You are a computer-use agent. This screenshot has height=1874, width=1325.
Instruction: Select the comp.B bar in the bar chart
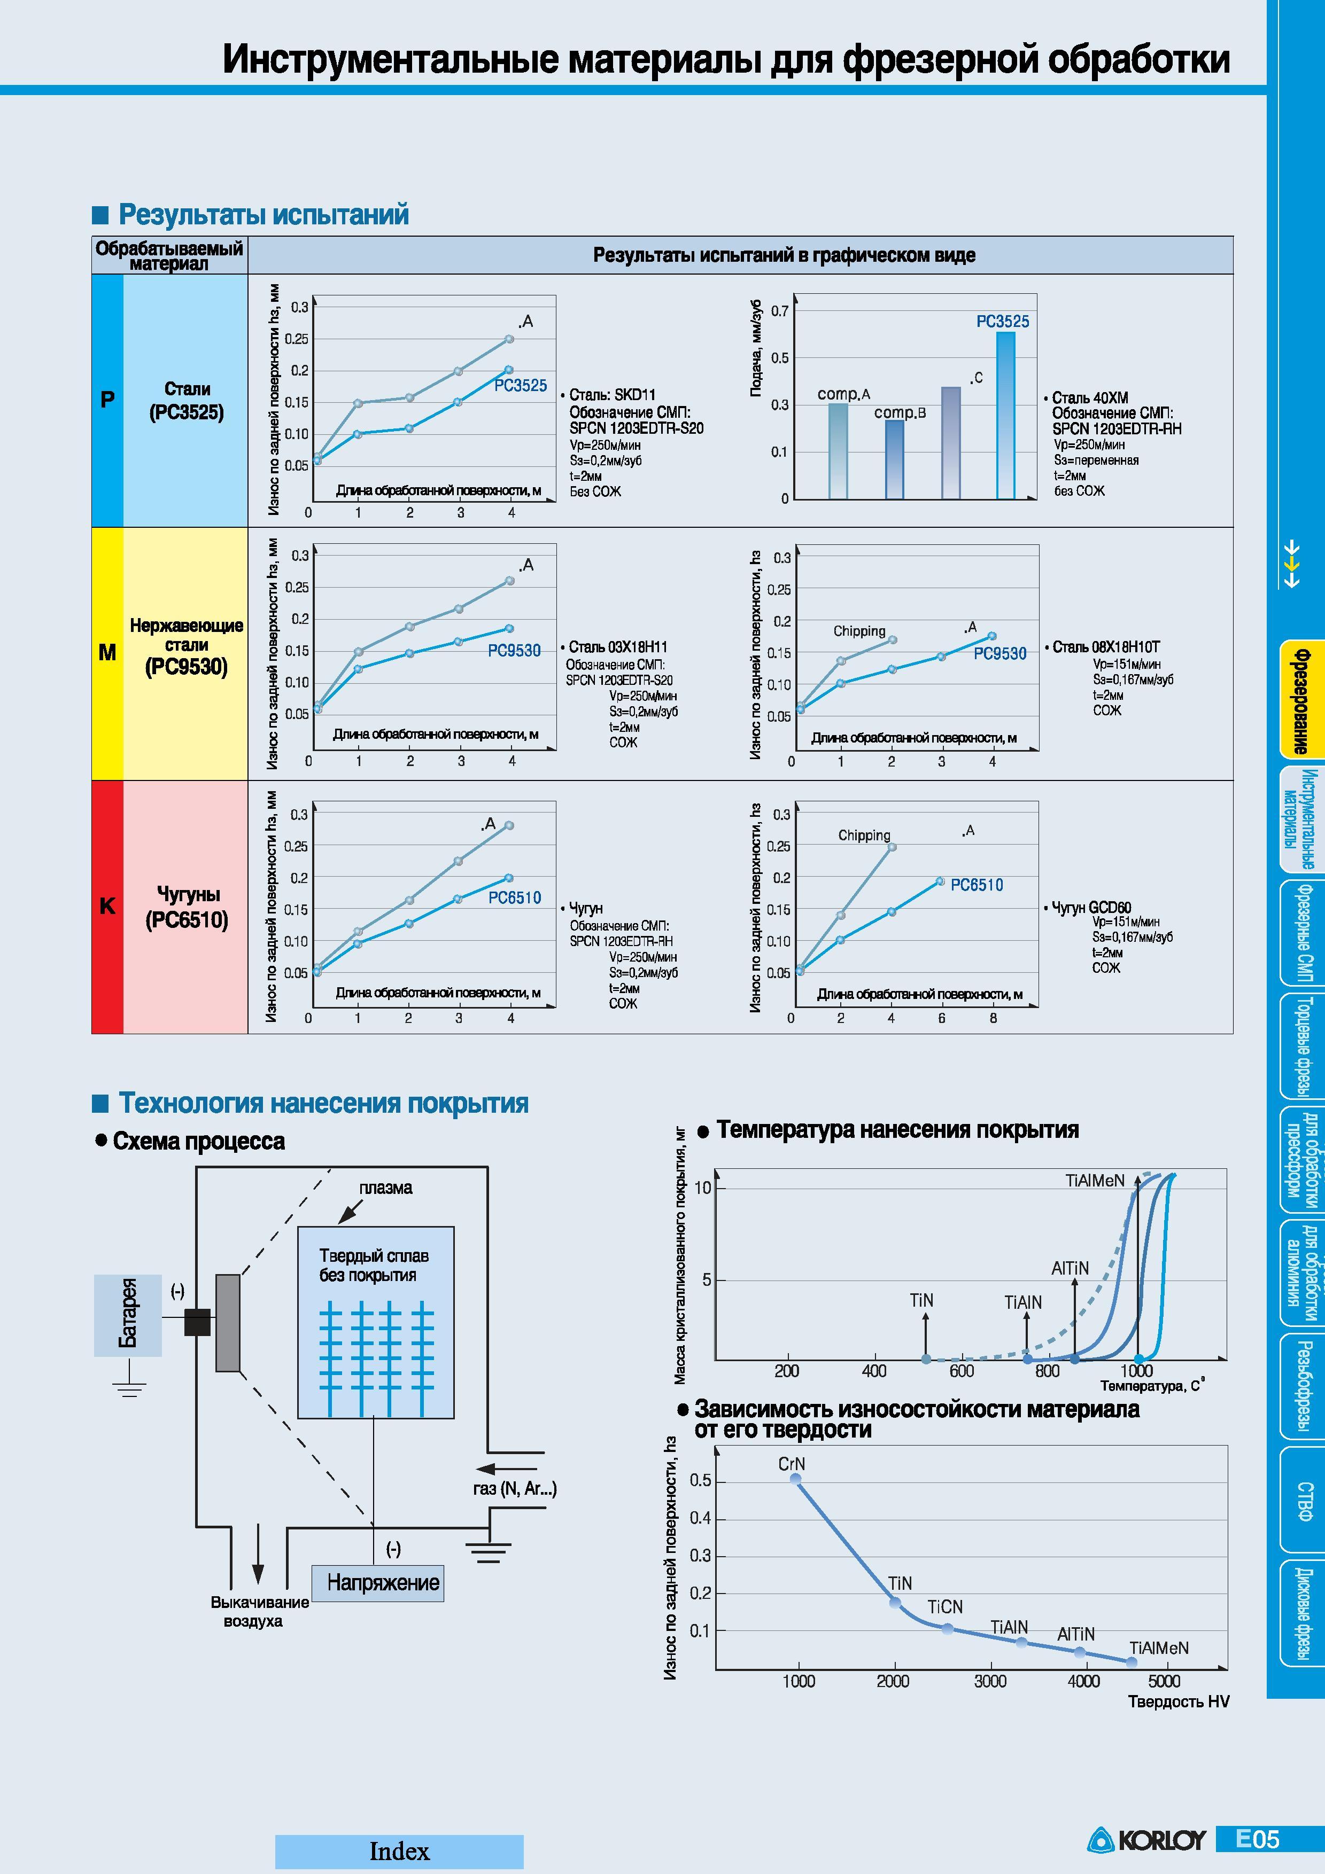pyautogui.click(x=895, y=459)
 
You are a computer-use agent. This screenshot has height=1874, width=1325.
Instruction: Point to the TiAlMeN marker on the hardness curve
pyautogui.click(x=1132, y=1662)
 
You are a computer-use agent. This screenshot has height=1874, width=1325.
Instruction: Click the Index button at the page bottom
pyautogui.click(x=399, y=1852)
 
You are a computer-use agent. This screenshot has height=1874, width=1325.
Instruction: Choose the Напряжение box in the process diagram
pyautogui.click(x=378, y=1583)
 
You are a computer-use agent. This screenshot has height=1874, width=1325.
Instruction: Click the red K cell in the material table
pyautogui.click(x=107, y=907)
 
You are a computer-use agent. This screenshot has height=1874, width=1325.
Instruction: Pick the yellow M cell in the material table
pyautogui.click(x=107, y=653)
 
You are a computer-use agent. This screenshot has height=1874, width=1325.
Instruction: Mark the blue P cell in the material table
pyautogui.click(x=107, y=400)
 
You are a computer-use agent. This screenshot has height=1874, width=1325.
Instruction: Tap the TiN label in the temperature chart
pyautogui.click(x=921, y=1300)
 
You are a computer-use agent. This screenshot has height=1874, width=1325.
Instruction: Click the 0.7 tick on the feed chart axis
pyautogui.click(x=780, y=311)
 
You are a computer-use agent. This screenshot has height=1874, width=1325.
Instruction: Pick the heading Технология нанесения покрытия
pyautogui.click(x=324, y=1103)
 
